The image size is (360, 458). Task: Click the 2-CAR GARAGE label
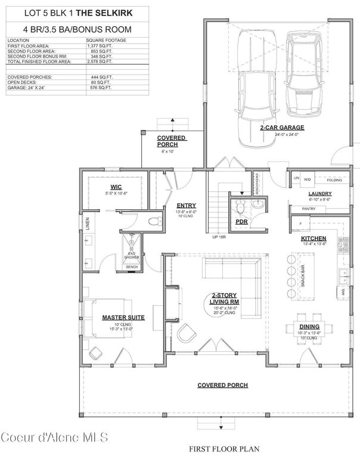click(282, 128)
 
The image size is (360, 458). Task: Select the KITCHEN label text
click(314, 238)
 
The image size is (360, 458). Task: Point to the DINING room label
click(309, 327)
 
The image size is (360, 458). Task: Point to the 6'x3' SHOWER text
click(131, 256)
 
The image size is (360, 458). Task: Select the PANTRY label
click(309, 209)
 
